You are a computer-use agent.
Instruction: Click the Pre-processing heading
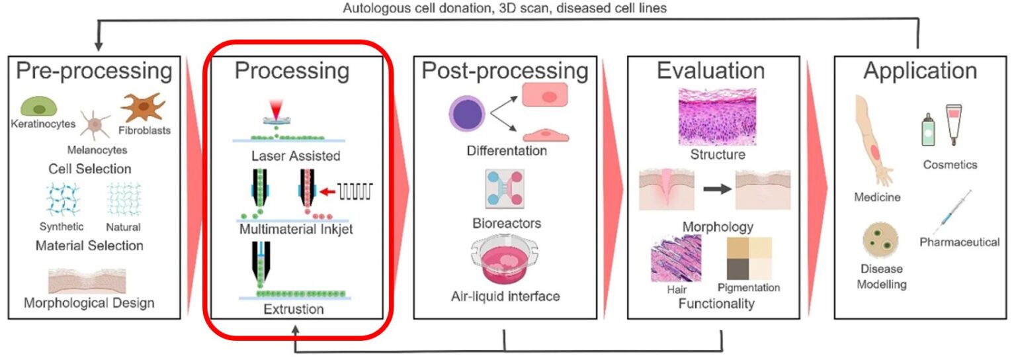pyautogui.click(x=95, y=71)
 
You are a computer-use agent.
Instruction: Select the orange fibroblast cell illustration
pyautogui.click(x=142, y=108)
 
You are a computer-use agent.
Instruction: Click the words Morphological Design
pyautogui.click(x=89, y=303)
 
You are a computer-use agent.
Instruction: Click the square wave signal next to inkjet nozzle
pyautogui.click(x=357, y=191)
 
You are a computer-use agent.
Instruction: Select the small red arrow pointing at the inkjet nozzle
pyautogui.click(x=326, y=192)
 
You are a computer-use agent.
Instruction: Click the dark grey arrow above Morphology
pyautogui.click(x=719, y=190)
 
